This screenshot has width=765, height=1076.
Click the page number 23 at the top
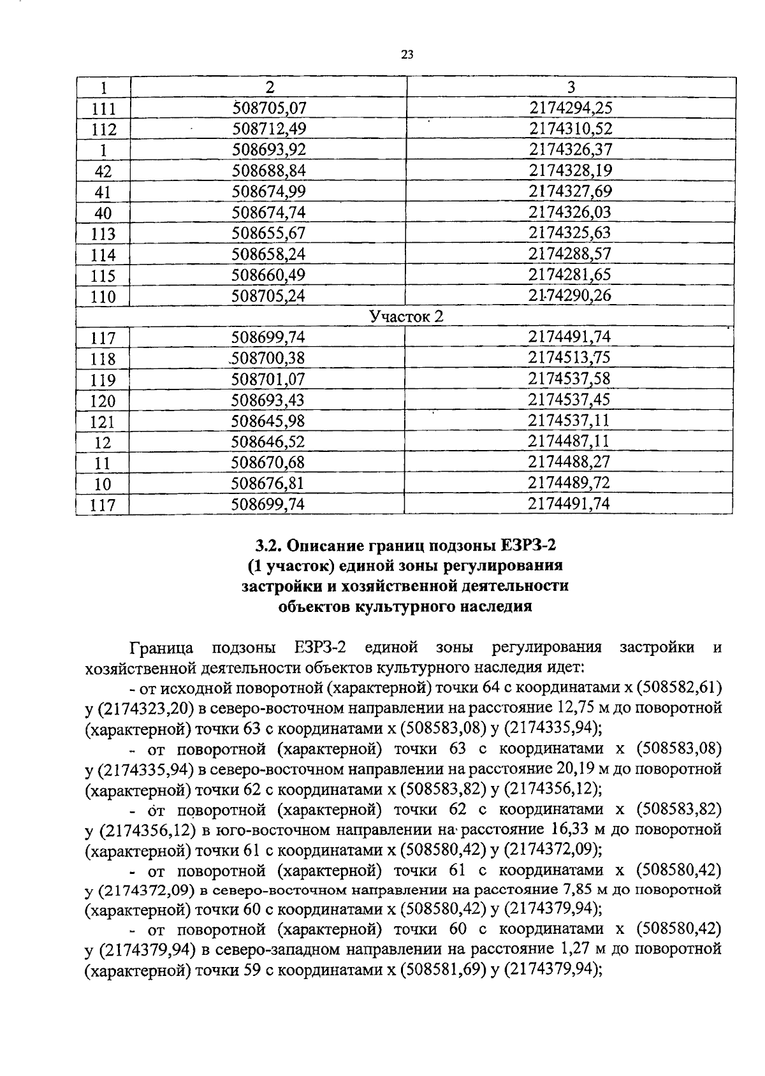pyautogui.click(x=407, y=55)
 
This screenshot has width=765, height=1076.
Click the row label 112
pyautogui.click(x=103, y=130)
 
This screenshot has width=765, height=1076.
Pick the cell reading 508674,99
pyautogui.click(x=268, y=191)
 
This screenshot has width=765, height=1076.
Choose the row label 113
pyautogui.click(x=103, y=234)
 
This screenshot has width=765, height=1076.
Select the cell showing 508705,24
pyautogui.click(x=268, y=296)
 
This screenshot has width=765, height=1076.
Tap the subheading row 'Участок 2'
pyautogui.click(x=406, y=316)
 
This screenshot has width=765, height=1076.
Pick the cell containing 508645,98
pyautogui.click(x=268, y=421)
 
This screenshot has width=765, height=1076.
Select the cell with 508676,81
pyautogui.click(x=268, y=483)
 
